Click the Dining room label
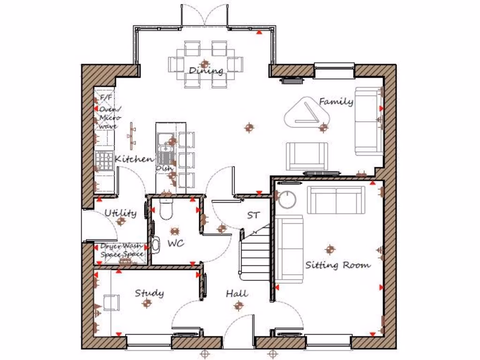[x=206, y=71]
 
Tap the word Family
[x=336, y=101]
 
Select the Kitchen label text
[x=134, y=159]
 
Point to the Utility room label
[x=120, y=213]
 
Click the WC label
[x=176, y=243]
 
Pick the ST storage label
[x=254, y=216]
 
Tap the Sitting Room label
[x=337, y=265]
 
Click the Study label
[x=150, y=293]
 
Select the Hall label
[x=237, y=294]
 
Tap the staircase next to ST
[x=255, y=253]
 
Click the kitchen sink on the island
[x=165, y=146]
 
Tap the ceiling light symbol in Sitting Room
[x=330, y=249]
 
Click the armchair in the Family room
[x=307, y=156]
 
